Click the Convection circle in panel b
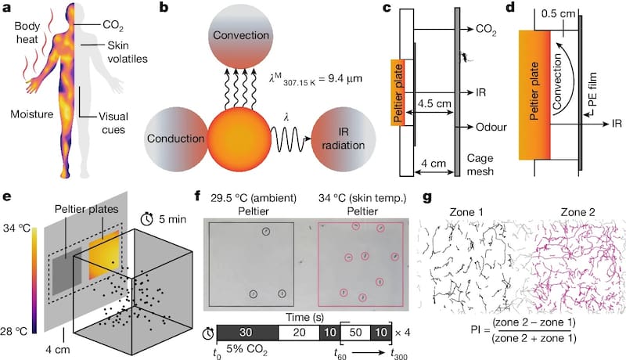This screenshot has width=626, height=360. pos(241,36)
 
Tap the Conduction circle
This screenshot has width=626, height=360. pos(175,139)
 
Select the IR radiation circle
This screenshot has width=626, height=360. pos(344,139)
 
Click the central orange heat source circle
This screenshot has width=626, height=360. pos(239,139)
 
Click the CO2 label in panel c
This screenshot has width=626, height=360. pos(486,30)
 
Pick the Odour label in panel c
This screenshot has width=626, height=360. pos(491,127)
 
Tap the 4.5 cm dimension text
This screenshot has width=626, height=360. pos(434,103)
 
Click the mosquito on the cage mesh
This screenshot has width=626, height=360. pos(465,57)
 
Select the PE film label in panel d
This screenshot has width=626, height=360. pos(593,89)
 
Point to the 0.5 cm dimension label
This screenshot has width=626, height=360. pos(559,13)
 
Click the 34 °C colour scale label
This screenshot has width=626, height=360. pos(16,229)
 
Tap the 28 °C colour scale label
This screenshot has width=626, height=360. pos(14,330)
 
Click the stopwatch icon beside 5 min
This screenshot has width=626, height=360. pos(148,218)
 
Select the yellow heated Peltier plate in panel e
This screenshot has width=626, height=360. pos(104,254)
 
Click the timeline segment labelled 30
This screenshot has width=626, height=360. pos(247,333)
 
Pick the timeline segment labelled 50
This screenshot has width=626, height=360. pos(356,333)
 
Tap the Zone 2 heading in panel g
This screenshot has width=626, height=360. pos(577,212)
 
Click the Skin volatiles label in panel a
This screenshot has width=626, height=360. pos(128,52)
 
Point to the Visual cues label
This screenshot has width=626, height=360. pos(113,123)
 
